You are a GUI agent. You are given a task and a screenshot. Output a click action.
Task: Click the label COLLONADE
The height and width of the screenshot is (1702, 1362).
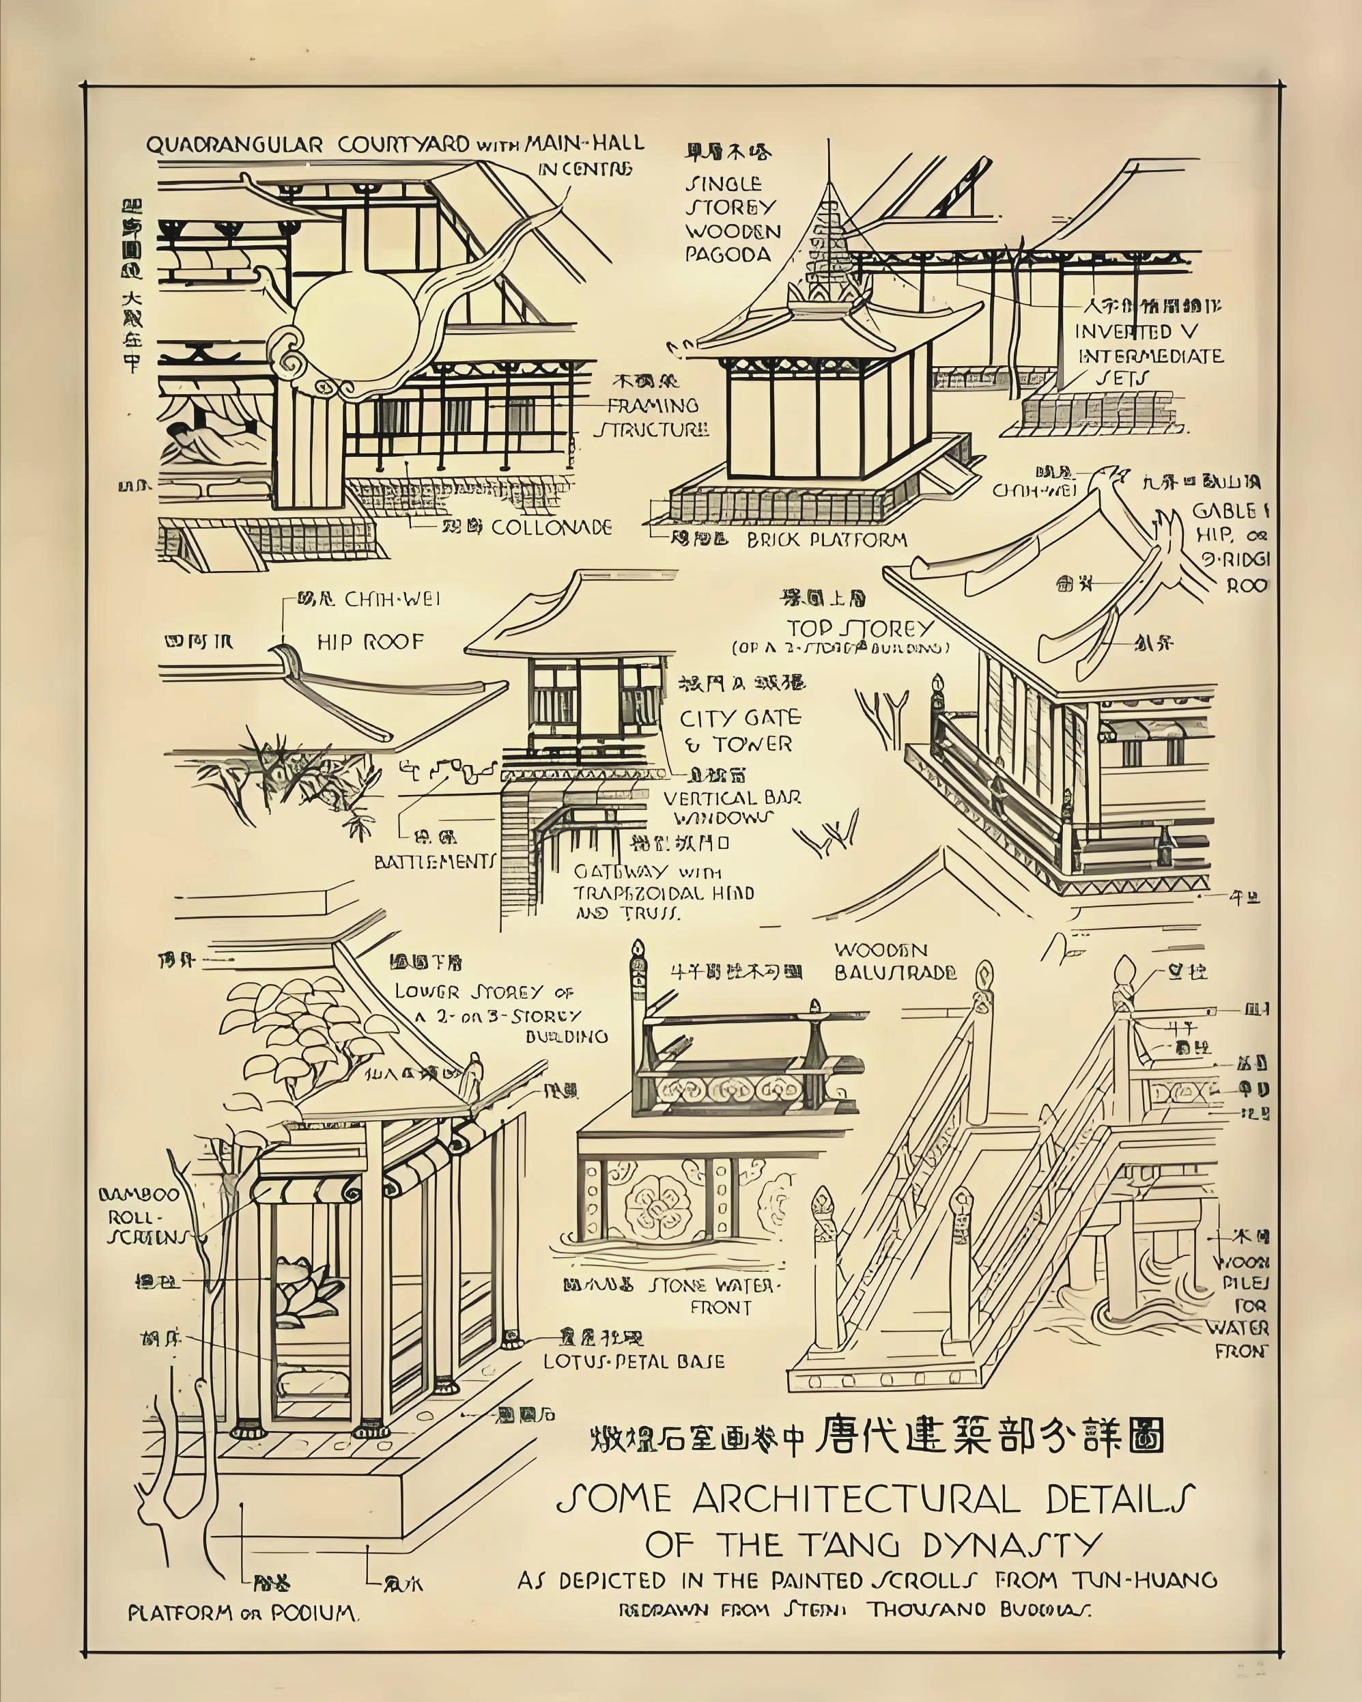551,527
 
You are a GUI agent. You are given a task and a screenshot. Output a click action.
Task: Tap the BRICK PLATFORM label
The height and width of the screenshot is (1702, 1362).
826,540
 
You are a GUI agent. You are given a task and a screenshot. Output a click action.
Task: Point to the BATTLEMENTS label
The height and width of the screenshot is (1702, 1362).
436,861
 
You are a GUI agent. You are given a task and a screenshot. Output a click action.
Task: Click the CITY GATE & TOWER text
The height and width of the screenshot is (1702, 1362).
739,731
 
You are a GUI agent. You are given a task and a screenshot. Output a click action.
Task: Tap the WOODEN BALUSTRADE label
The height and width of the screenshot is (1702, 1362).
895,961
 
